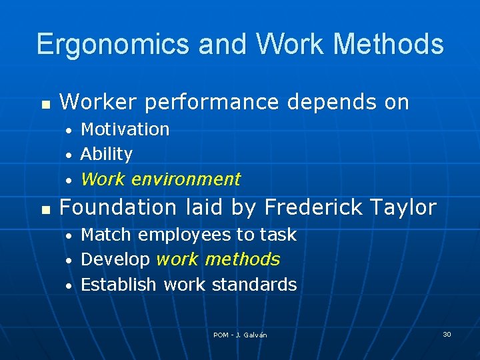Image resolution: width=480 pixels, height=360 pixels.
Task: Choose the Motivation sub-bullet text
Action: pos(125,129)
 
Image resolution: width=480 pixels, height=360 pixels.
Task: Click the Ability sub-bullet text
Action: pos(106,154)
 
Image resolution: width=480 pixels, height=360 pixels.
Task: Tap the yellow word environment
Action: pos(186,179)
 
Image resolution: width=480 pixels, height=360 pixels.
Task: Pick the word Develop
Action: pos(115,259)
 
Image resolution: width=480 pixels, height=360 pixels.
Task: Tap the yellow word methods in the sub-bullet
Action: pos(243,259)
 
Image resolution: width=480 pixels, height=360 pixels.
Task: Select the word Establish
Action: pos(119,285)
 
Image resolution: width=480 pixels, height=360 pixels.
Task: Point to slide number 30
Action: pos(447,334)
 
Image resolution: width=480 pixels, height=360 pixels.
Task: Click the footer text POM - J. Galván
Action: pos(240,335)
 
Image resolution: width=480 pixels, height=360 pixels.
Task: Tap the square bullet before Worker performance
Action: pos(45,105)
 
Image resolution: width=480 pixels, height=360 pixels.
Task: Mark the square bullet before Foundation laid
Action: pos(45,210)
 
